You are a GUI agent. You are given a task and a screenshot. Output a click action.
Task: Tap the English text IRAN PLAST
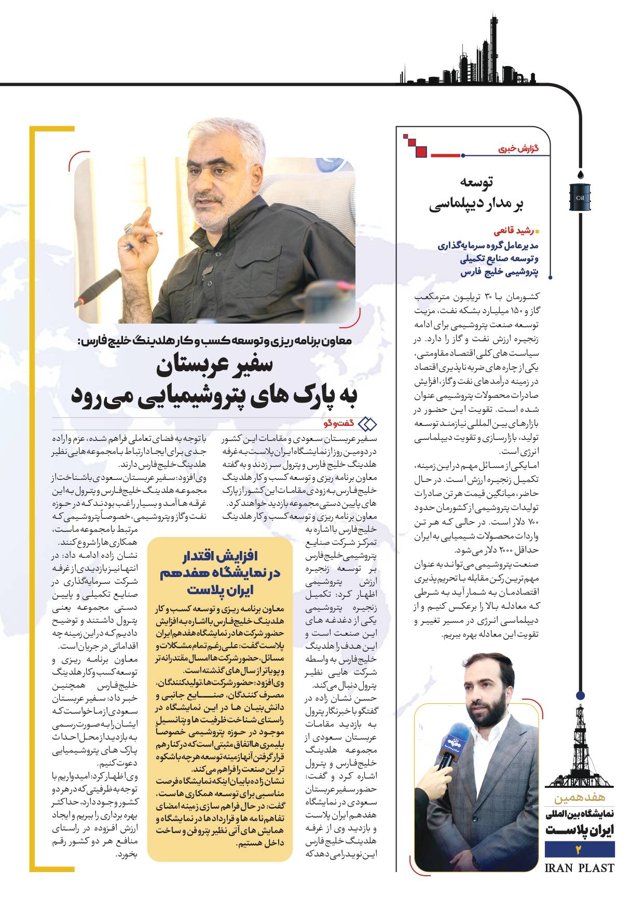click(x=580, y=868)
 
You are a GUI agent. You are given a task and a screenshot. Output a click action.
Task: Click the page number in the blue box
click(x=580, y=850)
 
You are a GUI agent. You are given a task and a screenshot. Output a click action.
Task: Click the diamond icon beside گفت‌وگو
click(x=368, y=423)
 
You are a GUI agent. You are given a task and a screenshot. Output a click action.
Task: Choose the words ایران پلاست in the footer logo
click(x=580, y=830)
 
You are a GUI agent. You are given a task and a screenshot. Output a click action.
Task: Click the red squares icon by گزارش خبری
click(x=416, y=145)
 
